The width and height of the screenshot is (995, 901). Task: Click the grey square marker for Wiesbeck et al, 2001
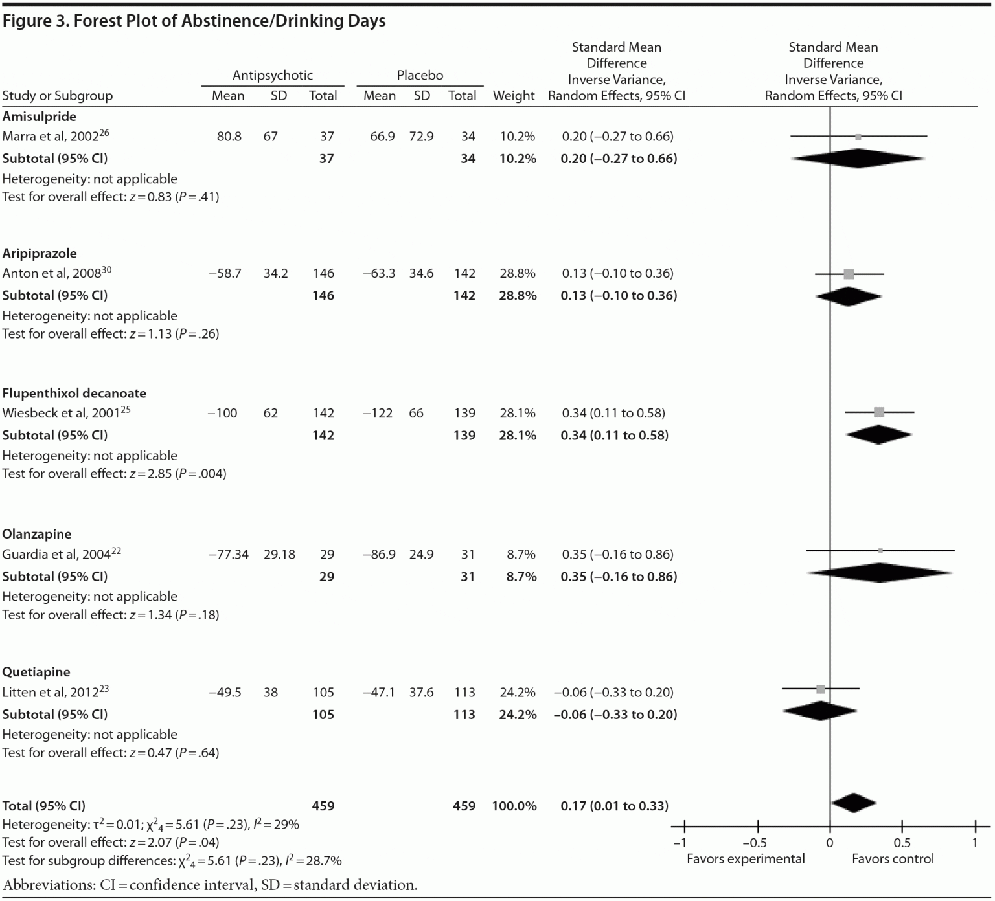[x=879, y=412]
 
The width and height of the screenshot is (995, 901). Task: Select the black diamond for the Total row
[x=853, y=803]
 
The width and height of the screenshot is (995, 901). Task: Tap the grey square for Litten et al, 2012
[x=821, y=689]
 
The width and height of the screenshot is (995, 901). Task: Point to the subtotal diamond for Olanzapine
[x=880, y=572]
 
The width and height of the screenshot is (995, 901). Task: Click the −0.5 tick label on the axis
[x=754, y=843]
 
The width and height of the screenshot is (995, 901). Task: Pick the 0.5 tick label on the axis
[x=902, y=843]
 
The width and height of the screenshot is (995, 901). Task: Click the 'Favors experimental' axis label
[x=746, y=859]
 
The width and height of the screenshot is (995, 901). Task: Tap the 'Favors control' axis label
[x=893, y=859]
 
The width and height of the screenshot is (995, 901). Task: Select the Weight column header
[x=514, y=96]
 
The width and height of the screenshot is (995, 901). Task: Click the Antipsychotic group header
[x=273, y=75]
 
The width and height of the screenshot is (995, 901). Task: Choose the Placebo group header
[x=420, y=75]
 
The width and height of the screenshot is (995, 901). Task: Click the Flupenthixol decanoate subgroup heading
[x=74, y=393]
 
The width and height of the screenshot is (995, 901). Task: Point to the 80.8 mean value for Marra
[x=229, y=137]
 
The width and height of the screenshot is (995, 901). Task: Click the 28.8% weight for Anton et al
[x=517, y=274]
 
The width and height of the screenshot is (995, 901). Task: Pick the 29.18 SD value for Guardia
[x=279, y=555]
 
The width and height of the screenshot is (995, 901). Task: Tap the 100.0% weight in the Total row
[x=514, y=806]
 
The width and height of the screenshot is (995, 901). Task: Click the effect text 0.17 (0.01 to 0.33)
[x=614, y=806]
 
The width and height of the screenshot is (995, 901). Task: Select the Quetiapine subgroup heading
[x=36, y=672]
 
